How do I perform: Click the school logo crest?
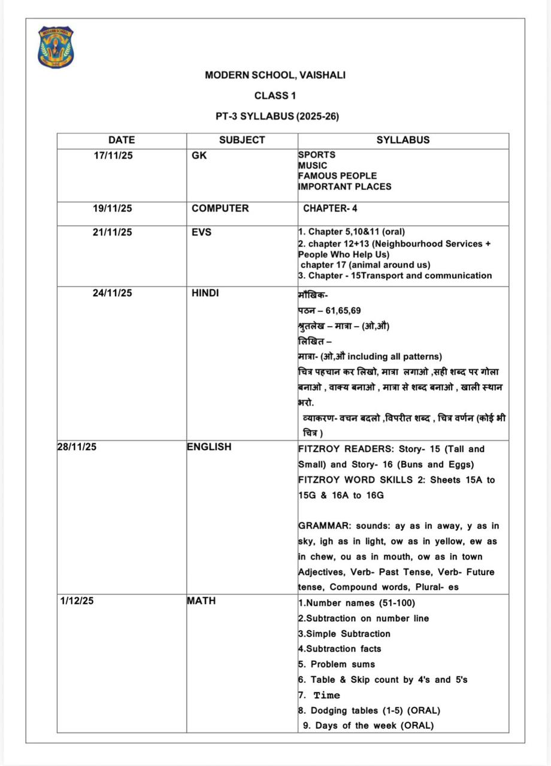[x=56, y=46]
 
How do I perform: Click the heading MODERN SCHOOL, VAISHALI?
[x=275, y=75]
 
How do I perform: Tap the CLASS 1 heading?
[x=275, y=96]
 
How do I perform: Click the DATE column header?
[x=122, y=140]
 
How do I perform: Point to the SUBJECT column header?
[x=241, y=140]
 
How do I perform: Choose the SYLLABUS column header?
[x=402, y=140]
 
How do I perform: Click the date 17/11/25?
[x=113, y=155]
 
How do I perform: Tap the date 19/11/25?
[x=113, y=209]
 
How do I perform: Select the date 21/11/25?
[x=113, y=232]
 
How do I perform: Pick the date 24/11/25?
[x=113, y=293]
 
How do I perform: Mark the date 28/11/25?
[x=76, y=447]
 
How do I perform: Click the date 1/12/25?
[x=77, y=601]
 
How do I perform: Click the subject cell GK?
[x=199, y=155]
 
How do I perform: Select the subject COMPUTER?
[x=220, y=209]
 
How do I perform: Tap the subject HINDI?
[x=205, y=293]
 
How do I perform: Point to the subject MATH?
[x=201, y=601]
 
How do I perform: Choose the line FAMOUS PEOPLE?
[x=337, y=176]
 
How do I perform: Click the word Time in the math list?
[x=326, y=695]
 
